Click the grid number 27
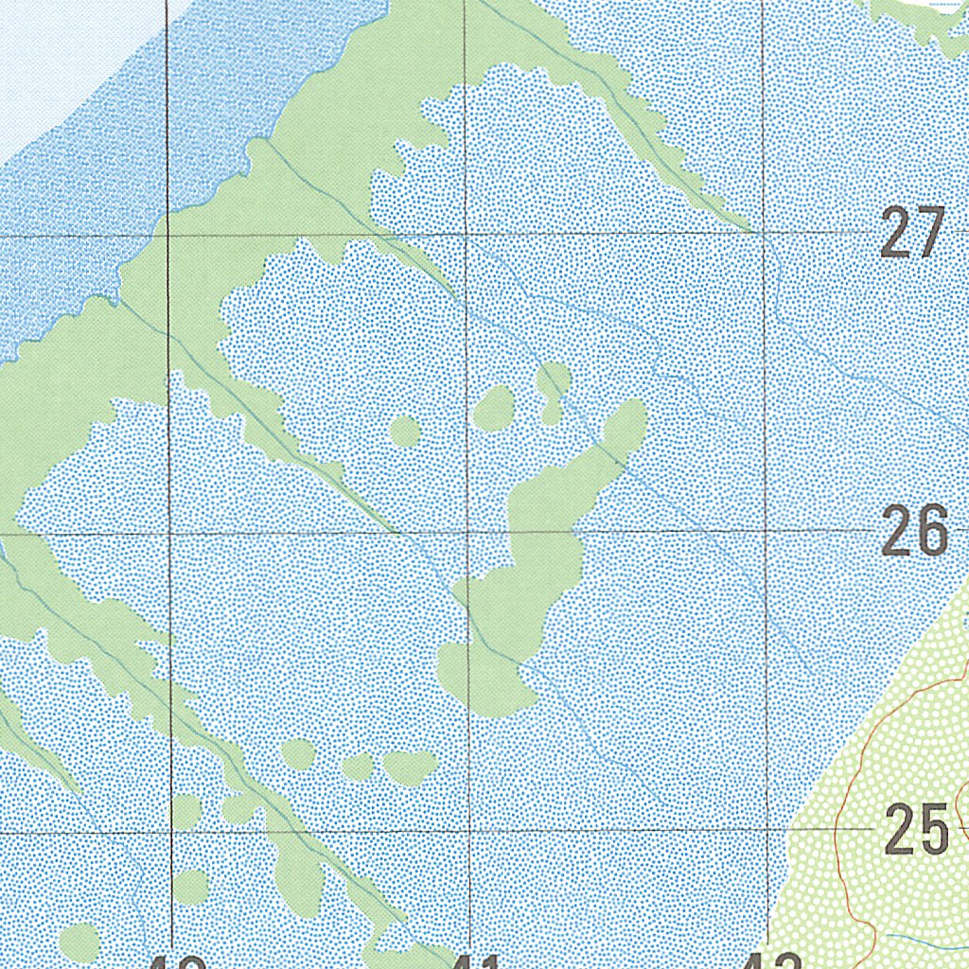click(x=912, y=233)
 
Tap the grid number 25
click(x=916, y=829)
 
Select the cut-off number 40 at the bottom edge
click(x=178, y=962)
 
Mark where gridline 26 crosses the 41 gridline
click(x=467, y=532)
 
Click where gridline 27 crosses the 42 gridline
click(x=764, y=232)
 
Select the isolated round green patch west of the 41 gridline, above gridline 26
click(x=405, y=432)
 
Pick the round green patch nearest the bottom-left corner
click(x=79, y=942)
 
